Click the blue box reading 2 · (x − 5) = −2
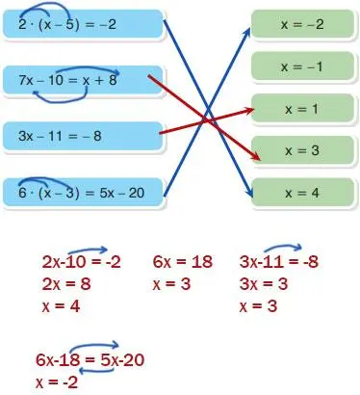(x=82, y=23)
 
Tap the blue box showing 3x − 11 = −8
(x=82, y=138)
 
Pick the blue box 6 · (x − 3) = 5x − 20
(x=82, y=194)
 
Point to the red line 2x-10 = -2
(x=81, y=262)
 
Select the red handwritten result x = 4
(x=63, y=307)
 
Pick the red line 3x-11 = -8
(x=279, y=262)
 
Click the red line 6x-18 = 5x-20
(x=90, y=360)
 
